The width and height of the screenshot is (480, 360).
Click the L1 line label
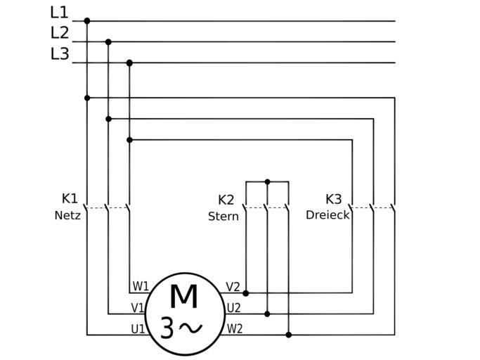(60, 13)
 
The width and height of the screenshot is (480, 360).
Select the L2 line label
(60, 33)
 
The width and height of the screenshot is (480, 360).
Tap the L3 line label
(60, 53)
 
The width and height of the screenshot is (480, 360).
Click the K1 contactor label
(70, 198)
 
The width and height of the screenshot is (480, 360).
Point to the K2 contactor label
(226, 200)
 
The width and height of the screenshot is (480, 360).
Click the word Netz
(67, 215)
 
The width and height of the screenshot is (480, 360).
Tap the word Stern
(223, 217)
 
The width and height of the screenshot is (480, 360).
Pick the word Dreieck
(327, 215)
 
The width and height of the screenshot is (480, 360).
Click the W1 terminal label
(141, 286)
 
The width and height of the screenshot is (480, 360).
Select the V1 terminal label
(138, 308)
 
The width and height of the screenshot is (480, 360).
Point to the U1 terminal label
(138, 328)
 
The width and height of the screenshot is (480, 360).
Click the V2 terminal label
(233, 287)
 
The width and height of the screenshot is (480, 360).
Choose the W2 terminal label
(235, 328)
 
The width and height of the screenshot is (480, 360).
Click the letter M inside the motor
(183, 296)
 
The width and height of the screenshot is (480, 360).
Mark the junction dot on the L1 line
(87, 21)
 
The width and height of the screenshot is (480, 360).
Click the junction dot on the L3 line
(129, 63)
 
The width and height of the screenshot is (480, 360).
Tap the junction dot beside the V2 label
(245, 292)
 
